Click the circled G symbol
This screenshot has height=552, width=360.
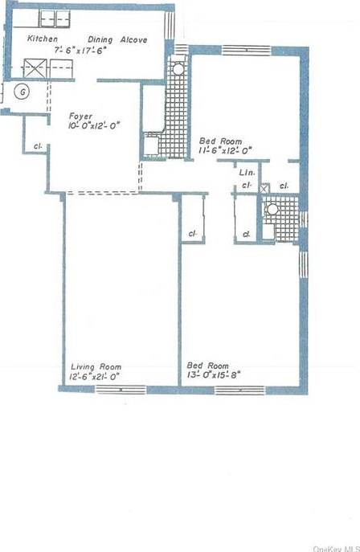[x=23, y=92]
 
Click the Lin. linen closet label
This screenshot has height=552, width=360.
[x=247, y=173]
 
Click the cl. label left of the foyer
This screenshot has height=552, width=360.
[x=38, y=147]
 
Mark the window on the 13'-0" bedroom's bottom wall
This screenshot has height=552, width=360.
[x=239, y=390]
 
